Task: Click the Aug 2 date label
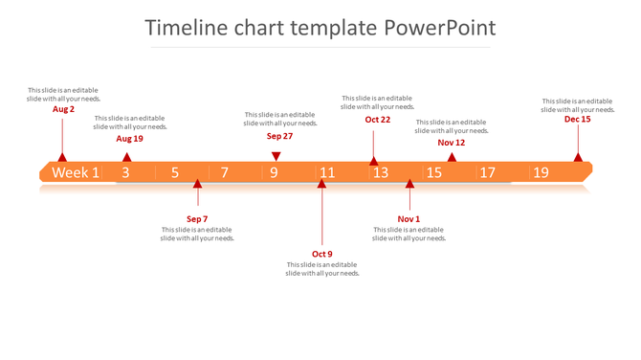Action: click(x=63, y=109)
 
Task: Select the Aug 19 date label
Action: click(x=130, y=139)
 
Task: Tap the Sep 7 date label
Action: click(x=197, y=219)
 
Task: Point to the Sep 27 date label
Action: click(x=279, y=136)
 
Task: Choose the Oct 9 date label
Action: click(x=322, y=254)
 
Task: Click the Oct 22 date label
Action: click(x=378, y=120)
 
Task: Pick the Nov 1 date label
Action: click(x=409, y=219)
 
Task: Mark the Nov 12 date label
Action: click(x=452, y=143)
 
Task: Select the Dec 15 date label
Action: click(x=578, y=120)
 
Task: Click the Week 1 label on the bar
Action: click(x=76, y=172)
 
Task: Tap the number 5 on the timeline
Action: click(x=175, y=172)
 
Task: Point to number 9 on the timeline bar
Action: click(x=274, y=172)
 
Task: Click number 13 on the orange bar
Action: click(x=381, y=172)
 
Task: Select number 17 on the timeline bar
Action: click(x=488, y=172)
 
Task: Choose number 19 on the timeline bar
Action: click(x=542, y=172)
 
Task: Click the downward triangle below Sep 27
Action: click(x=276, y=156)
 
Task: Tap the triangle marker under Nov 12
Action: click(x=452, y=157)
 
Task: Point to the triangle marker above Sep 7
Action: click(x=197, y=185)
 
